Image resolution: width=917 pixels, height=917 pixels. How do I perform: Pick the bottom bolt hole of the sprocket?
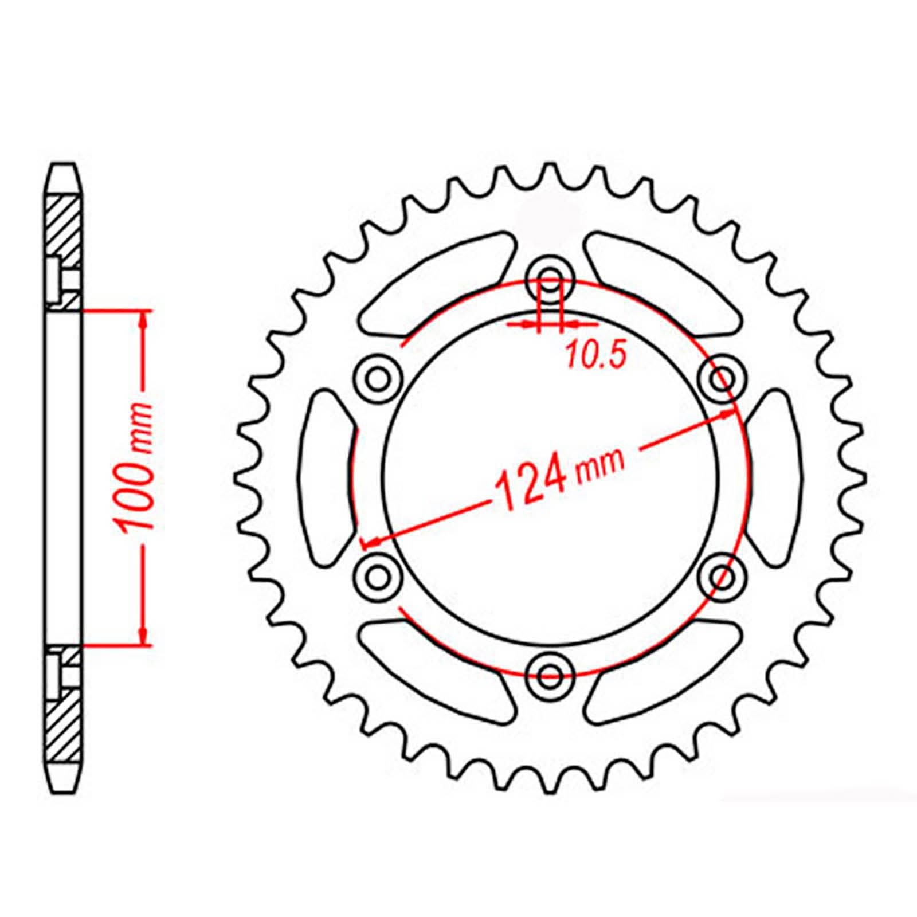[x=551, y=674]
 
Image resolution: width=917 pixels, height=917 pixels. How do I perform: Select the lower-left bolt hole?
[x=377, y=575]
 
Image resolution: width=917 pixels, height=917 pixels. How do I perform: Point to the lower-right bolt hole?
[x=723, y=575]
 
